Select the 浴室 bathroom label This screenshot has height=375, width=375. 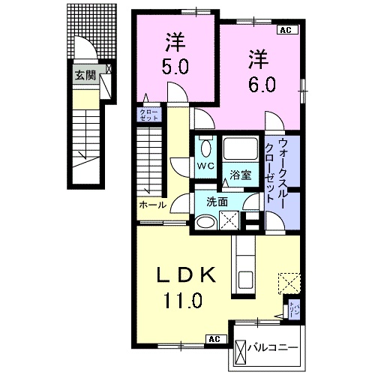(240, 176)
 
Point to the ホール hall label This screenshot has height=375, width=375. (152, 204)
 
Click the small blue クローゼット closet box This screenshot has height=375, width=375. (145, 115)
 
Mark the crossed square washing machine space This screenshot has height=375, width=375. (230, 220)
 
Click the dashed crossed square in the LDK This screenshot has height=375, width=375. (289, 283)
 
